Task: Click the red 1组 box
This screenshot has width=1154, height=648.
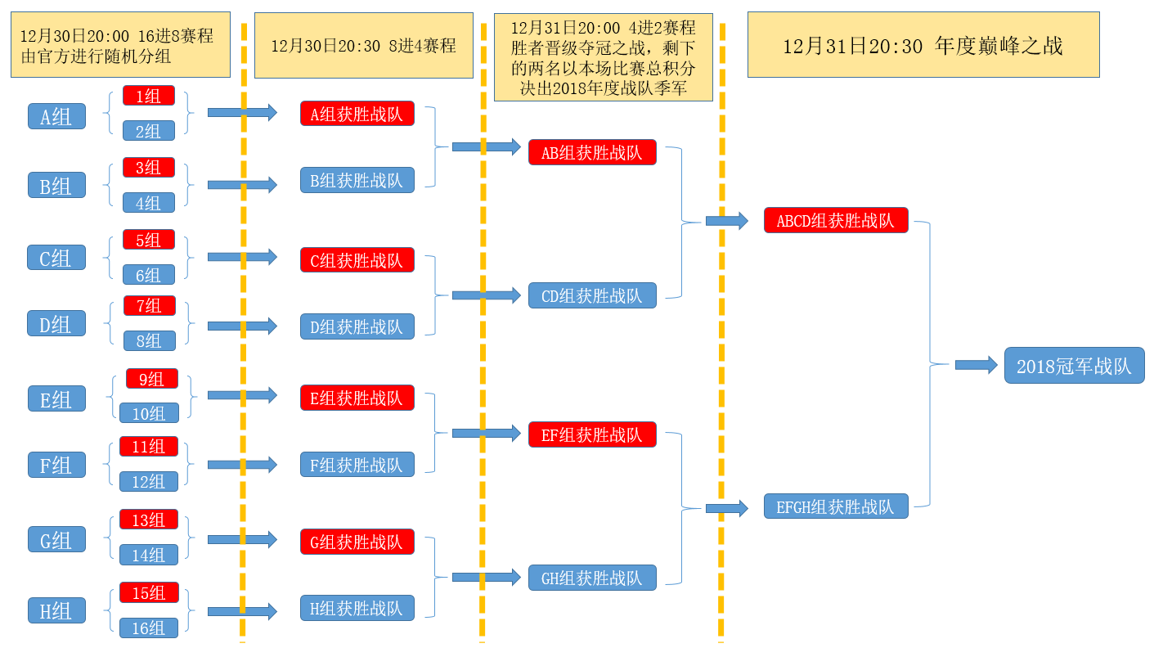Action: coord(148,96)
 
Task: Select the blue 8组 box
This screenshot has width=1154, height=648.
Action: coord(150,340)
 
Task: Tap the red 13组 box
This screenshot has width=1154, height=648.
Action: coord(149,520)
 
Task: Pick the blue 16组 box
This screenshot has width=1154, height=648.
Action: coord(149,628)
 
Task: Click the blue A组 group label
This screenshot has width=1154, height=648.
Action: coord(56,116)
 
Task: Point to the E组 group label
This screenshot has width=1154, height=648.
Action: coord(56,399)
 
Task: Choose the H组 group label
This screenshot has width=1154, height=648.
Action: coord(56,610)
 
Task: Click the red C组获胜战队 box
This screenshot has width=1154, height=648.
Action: coord(357,260)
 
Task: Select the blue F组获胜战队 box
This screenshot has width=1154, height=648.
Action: coord(357,465)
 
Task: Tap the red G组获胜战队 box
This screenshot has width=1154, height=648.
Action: coord(357,542)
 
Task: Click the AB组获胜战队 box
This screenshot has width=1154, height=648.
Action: coord(592,152)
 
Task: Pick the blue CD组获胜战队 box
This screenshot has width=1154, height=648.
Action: coord(592,295)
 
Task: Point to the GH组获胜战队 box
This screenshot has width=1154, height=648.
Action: coord(592,578)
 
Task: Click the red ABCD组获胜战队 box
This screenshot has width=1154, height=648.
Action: coord(836,220)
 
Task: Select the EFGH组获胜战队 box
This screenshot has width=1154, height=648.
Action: coord(836,506)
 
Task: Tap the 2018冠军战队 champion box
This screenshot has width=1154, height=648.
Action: coord(1074,366)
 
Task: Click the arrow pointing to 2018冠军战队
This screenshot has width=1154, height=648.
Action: coord(977,365)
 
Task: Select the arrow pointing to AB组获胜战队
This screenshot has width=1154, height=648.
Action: coord(487,147)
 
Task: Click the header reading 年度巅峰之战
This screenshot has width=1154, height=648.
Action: coord(923,45)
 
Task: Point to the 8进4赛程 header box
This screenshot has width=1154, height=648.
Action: coord(364,45)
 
